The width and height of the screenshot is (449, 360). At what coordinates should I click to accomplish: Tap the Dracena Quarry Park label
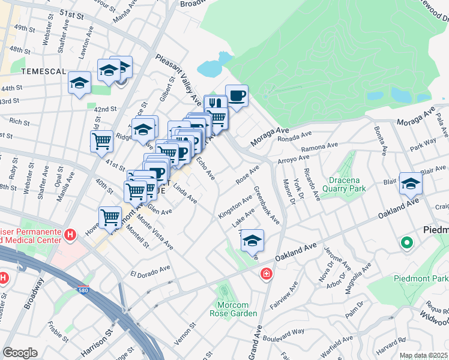[348, 184]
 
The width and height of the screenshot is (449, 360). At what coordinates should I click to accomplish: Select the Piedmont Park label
[421, 278]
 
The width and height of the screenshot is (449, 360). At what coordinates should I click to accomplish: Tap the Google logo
[20, 353]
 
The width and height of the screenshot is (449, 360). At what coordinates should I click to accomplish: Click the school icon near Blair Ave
[411, 183]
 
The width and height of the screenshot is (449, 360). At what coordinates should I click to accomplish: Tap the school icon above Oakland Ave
[252, 241]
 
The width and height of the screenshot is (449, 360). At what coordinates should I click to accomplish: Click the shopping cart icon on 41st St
[101, 142]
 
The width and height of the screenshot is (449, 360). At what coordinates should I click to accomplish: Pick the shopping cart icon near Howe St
[110, 217]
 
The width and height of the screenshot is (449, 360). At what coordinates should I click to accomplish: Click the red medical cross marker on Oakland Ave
[265, 274]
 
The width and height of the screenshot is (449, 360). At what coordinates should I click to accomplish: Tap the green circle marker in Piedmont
[406, 243]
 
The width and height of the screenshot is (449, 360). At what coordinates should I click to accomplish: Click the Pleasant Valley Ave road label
[178, 78]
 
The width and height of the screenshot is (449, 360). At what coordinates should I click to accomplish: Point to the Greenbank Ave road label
[266, 206]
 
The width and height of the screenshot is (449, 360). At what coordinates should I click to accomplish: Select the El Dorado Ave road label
[151, 269]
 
